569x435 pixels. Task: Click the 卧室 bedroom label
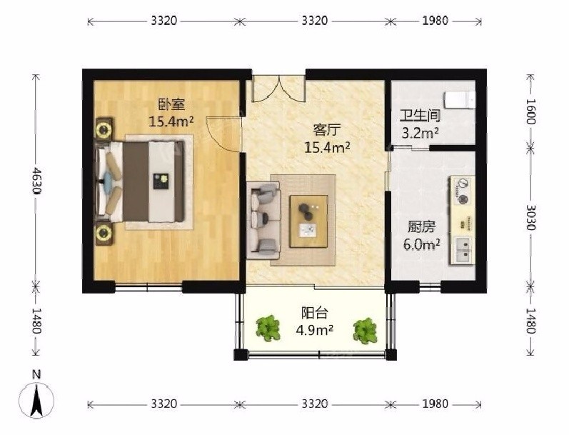(x=171, y=104)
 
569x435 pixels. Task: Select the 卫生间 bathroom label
(x=421, y=116)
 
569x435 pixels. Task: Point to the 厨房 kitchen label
(x=421, y=227)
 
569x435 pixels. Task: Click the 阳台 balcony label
(x=315, y=312)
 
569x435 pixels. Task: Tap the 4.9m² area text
(x=315, y=330)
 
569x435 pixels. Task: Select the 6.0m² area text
(x=422, y=244)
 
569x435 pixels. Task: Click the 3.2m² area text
(x=421, y=133)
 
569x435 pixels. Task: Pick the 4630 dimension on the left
(x=36, y=181)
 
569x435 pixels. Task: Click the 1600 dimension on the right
(x=530, y=111)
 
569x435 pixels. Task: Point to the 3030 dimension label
(x=530, y=217)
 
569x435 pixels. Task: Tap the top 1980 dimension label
(x=435, y=20)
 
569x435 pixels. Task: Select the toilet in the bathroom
(x=459, y=100)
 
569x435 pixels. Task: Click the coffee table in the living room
(x=309, y=221)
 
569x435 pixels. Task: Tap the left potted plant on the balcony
(x=268, y=328)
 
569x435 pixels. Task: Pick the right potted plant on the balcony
(x=365, y=331)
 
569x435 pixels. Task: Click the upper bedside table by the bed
(x=104, y=129)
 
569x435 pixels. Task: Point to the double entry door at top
(x=278, y=89)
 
